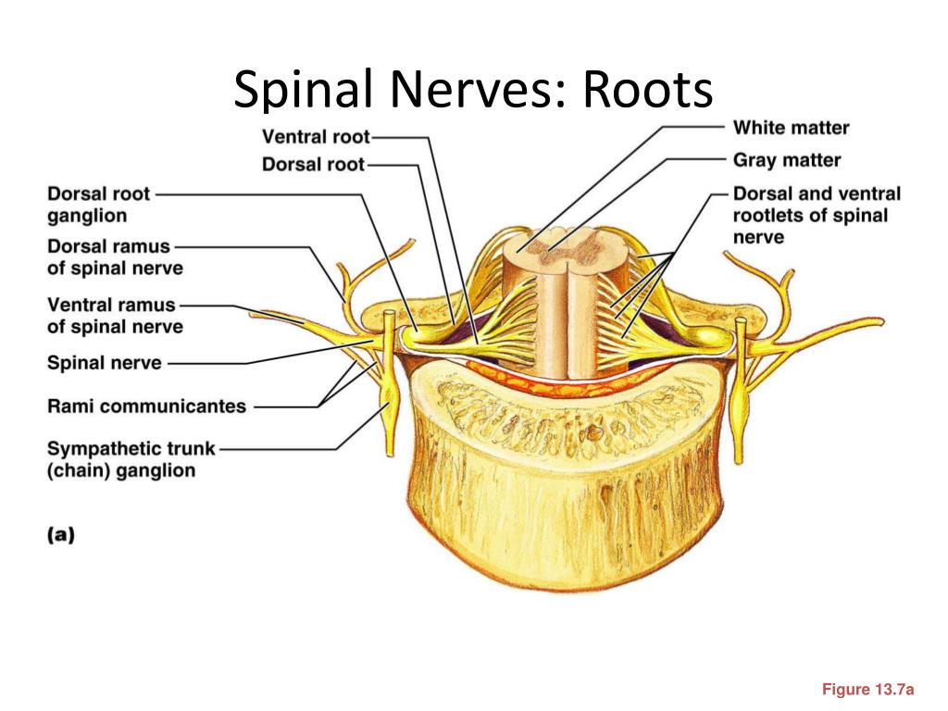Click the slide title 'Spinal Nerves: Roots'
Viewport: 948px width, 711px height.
pos(473,90)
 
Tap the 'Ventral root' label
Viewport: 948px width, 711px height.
pos(316,137)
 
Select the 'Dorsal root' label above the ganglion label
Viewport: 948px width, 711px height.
pos(313,165)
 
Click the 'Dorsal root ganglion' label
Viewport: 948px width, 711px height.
pos(98,205)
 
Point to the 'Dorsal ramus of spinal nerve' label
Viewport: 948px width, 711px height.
pos(115,257)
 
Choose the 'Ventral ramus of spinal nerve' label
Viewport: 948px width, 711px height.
pos(115,316)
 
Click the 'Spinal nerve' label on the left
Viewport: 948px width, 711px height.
pos(105,363)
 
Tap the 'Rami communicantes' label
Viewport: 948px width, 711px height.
pos(146,405)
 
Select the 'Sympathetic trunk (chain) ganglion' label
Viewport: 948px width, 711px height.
pos(131,459)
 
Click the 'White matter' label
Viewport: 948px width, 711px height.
pos(791,128)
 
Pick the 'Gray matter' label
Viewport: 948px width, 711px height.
pos(787,160)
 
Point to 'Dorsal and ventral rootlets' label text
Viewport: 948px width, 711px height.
pos(817,215)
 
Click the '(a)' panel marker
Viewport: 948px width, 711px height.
pos(61,535)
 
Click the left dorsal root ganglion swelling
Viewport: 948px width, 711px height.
pos(424,335)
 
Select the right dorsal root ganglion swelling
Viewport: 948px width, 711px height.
pos(706,335)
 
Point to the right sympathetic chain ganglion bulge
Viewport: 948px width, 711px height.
pos(740,396)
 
